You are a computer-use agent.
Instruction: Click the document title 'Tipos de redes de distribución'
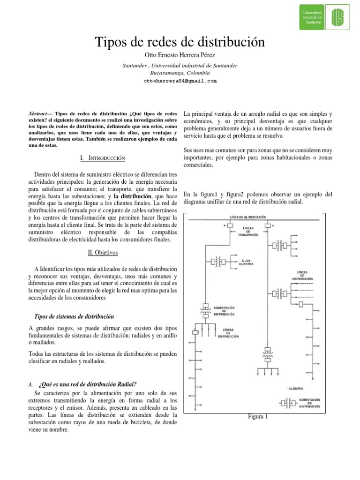coord(180,42)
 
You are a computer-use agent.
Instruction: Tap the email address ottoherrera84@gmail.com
coord(180,81)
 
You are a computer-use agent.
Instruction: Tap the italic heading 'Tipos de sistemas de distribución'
coord(75,317)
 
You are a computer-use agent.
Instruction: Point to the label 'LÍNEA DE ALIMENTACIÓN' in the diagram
coord(248,217)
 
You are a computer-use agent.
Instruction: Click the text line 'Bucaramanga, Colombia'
coord(180,73)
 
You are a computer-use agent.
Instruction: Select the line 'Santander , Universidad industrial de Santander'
coord(180,66)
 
